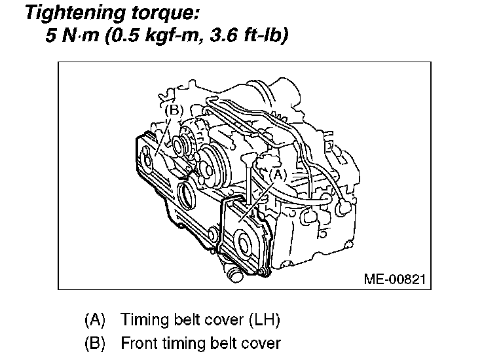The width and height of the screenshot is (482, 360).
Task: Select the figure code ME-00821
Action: (x=395, y=279)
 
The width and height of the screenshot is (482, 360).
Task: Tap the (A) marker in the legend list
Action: (x=96, y=321)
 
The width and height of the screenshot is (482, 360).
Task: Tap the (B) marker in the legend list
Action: (x=96, y=342)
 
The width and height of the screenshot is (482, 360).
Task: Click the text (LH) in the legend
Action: (x=263, y=321)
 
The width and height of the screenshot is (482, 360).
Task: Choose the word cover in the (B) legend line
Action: (x=260, y=342)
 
